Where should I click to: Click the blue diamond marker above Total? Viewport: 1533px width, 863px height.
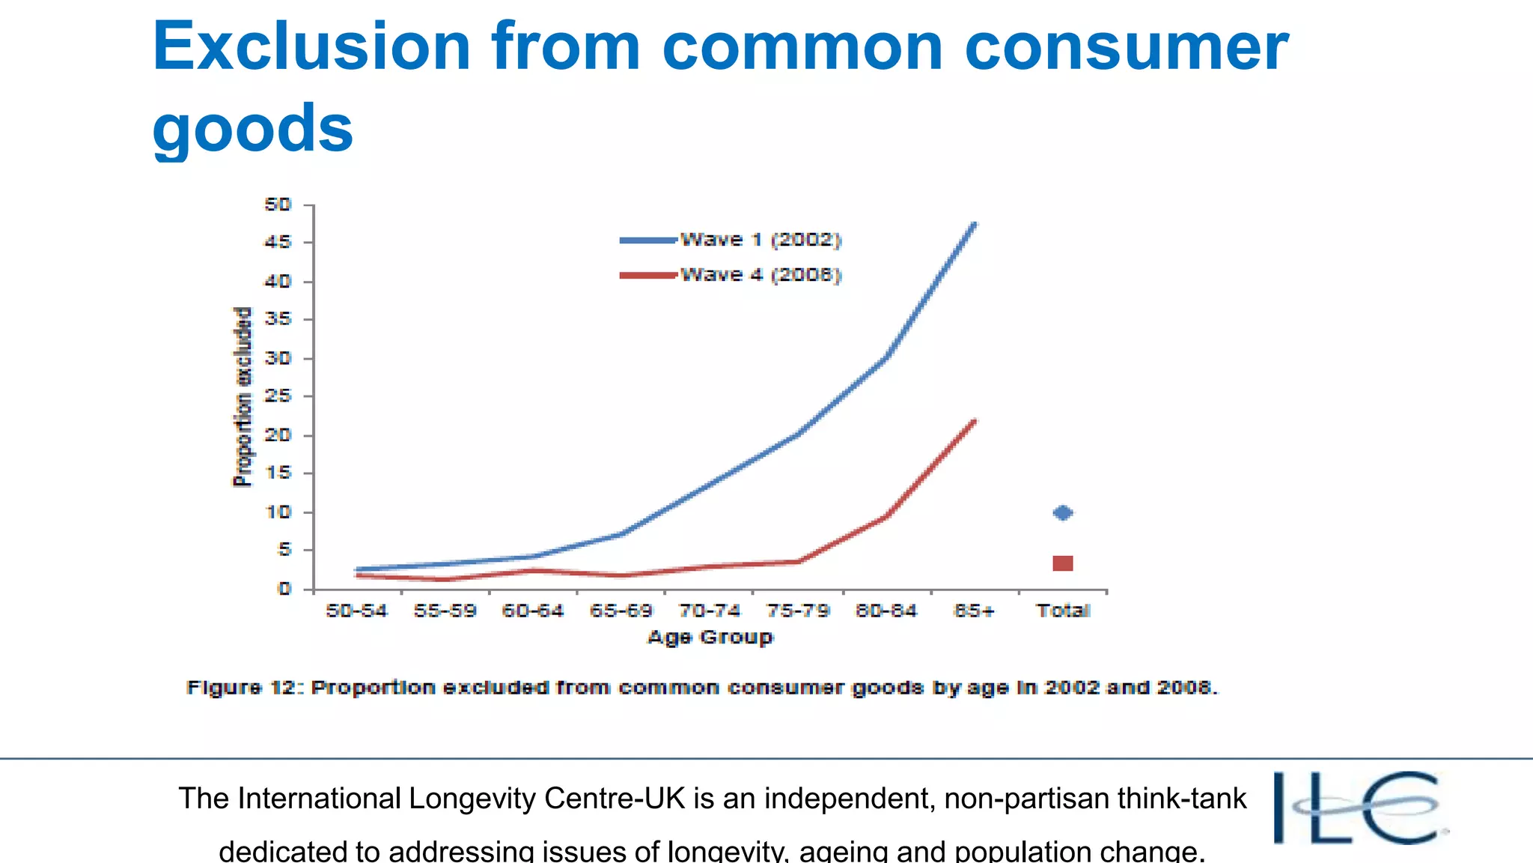click(x=1062, y=513)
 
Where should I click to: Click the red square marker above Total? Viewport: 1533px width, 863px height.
click(x=1062, y=563)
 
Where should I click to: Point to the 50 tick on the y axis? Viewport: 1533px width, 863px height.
click(x=278, y=205)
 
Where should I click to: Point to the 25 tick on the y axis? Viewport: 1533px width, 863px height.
click(x=278, y=396)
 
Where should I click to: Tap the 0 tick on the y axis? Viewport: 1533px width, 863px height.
click(x=284, y=589)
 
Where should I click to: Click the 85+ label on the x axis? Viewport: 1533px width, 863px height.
click(x=974, y=611)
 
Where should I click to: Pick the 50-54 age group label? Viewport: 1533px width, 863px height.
click(x=356, y=611)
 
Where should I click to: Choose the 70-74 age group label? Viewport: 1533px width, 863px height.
click(x=709, y=611)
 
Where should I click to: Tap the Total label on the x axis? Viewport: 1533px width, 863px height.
click(x=1063, y=611)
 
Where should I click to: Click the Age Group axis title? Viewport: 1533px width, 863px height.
click(x=710, y=638)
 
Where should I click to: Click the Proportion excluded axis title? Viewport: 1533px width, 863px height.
click(x=243, y=397)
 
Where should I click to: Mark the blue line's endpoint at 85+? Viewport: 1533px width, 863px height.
click(x=974, y=224)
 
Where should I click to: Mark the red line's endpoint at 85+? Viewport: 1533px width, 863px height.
click(x=974, y=421)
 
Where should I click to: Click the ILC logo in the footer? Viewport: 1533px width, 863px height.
click(x=1358, y=808)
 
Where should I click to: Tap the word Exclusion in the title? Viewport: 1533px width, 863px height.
click(x=311, y=46)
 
